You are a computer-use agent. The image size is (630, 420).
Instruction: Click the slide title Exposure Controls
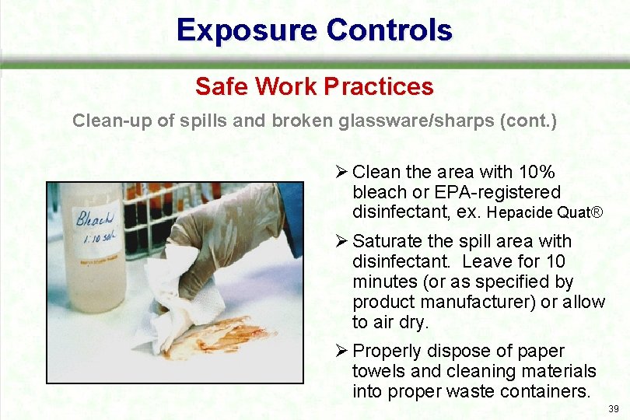314,30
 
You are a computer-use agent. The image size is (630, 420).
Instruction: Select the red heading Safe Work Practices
314,86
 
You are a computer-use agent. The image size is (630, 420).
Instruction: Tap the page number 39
613,409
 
